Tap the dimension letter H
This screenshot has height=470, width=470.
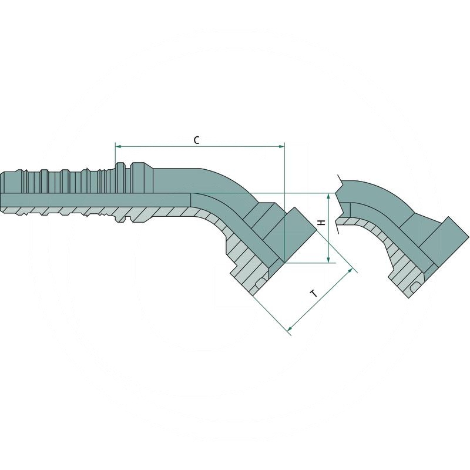click(321, 223)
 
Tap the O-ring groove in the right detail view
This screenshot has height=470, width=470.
click(416, 286)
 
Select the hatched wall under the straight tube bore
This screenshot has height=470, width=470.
click(88, 211)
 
